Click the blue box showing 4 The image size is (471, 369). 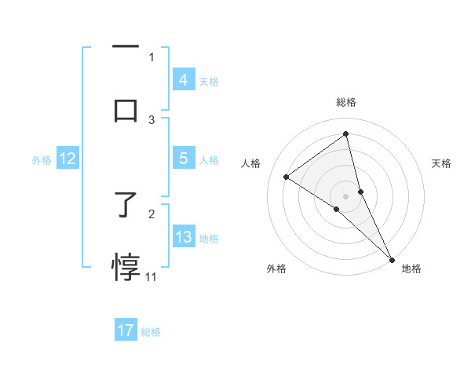183,80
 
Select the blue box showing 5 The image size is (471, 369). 183,159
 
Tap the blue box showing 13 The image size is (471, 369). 183,237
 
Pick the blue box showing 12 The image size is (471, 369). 68,159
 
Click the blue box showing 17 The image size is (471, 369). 126,331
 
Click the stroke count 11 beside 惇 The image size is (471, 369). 151,276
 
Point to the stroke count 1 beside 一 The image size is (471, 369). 152,57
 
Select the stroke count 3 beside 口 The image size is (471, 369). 152,119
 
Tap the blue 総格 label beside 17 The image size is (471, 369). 151,332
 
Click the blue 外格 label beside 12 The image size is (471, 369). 42,160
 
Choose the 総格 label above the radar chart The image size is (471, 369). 346,102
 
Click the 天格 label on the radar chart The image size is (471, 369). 442,163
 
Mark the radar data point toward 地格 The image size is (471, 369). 392,259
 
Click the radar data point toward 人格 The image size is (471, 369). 287,177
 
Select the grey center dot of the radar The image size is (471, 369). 346,195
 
